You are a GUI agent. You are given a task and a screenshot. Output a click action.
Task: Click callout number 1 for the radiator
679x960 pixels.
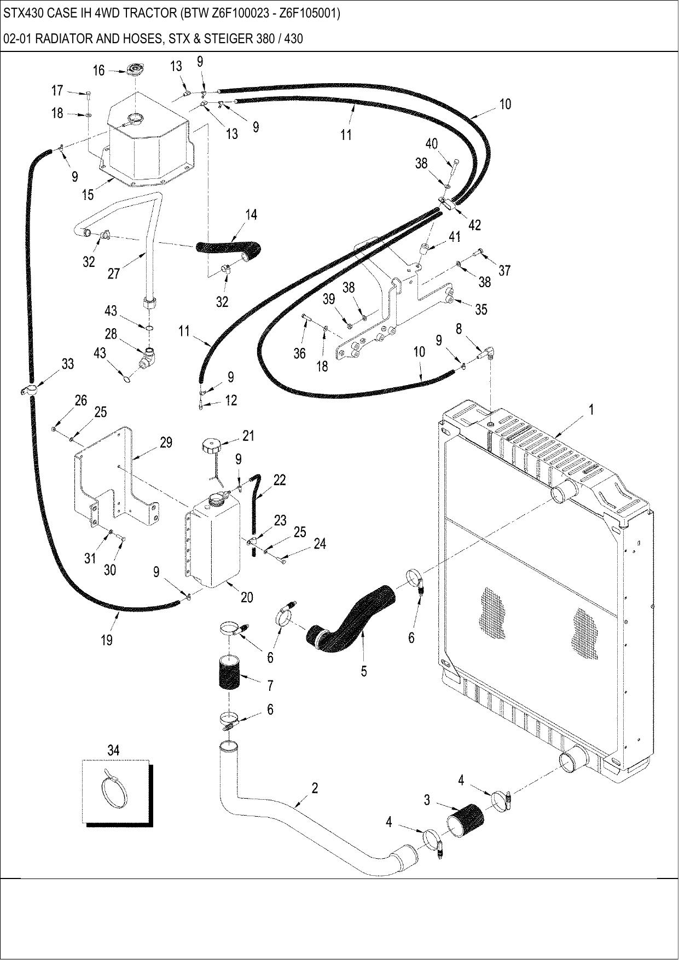coord(591,409)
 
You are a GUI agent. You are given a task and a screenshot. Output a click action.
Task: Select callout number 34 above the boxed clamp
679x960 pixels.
coord(113,750)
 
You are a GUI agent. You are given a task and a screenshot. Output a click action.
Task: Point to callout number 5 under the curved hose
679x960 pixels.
coord(364,671)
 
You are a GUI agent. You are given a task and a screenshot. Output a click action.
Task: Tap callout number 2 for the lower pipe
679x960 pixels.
coord(315,788)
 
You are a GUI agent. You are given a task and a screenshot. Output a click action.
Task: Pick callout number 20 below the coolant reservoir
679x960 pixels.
coord(247,597)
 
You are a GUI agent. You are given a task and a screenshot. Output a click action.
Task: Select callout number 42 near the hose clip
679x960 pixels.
coord(474,224)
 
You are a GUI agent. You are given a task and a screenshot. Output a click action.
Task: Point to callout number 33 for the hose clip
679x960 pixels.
coord(68,364)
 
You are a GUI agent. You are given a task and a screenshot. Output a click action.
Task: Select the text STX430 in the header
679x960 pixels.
coord(20,13)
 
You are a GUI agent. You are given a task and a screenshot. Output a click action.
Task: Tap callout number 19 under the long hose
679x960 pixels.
coord(107,639)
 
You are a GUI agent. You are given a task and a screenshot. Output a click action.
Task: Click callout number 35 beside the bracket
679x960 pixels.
coord(481,310)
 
